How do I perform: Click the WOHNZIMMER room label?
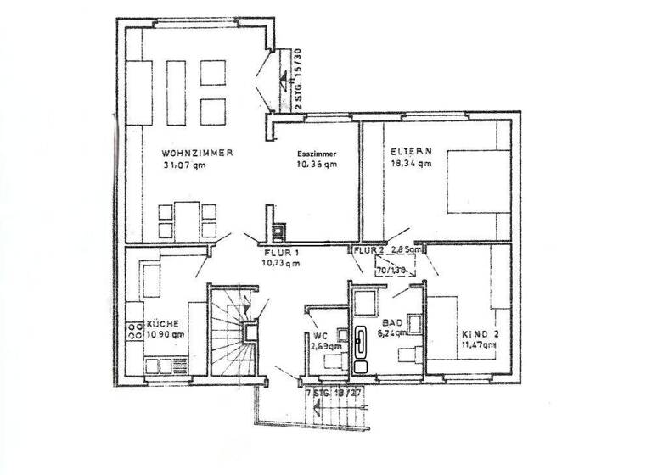coord(196,153)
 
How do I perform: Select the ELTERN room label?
coord(406,153)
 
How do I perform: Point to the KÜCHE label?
coord(162,324)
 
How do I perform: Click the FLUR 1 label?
coord(281,253)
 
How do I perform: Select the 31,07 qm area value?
coord(185,165)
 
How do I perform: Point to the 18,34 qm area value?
coord(411,165)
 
